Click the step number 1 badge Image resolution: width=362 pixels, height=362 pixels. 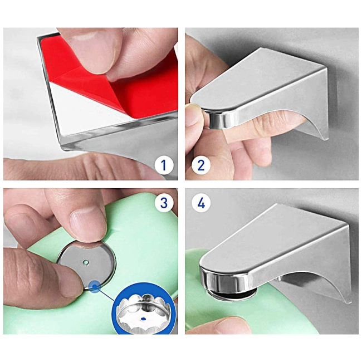[x=164, y=165]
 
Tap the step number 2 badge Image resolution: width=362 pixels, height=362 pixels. [x=201, y=165]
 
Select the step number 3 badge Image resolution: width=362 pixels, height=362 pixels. [x=164, y=203]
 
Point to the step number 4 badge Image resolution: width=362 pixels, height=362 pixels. [x=201, y=203]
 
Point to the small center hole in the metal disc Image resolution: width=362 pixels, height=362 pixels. [x=86, y=262]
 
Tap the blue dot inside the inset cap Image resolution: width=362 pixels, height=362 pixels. [x=143, y=319]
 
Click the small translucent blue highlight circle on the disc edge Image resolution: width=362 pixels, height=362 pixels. [x=95, y=286]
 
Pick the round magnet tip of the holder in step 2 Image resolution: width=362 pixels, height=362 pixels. [x=218, y=119]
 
